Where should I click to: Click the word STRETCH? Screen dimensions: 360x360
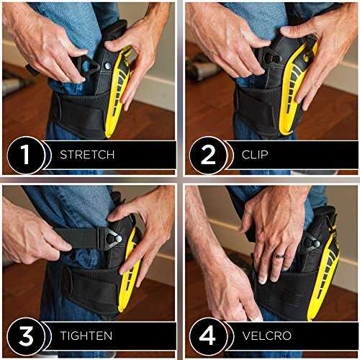87,155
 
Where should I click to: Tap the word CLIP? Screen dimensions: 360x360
255,155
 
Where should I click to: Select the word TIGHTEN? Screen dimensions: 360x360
86,336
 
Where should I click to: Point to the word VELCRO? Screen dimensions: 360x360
267,336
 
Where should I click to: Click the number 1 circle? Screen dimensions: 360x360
26,155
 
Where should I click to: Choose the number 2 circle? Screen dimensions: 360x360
208,155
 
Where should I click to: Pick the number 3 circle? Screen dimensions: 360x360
26,336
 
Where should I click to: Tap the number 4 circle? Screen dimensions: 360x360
208,336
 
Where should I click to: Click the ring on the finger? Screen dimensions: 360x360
279,256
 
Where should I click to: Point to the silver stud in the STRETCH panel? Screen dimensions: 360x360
107,66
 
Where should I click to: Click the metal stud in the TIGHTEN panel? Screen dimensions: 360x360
118,238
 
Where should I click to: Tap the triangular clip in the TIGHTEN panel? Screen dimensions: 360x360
110,238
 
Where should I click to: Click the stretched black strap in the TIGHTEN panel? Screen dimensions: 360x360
76,238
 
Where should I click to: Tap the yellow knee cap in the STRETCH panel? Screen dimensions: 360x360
117,91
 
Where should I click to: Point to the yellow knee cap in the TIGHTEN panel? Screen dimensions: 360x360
130,271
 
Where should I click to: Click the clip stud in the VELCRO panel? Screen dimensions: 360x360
316,244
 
